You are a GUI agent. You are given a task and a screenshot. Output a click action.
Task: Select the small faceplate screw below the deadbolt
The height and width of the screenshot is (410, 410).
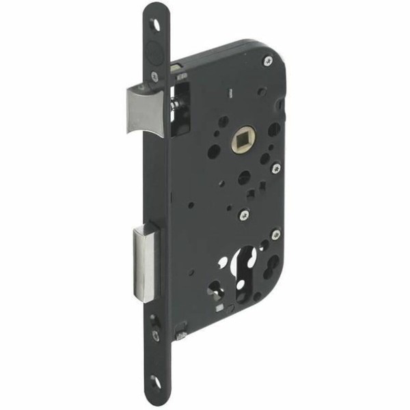pyautogui.click(x=156, y=335)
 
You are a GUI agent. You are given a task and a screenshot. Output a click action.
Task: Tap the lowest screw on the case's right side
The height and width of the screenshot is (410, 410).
pyautogui.click(x=275, y=234)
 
